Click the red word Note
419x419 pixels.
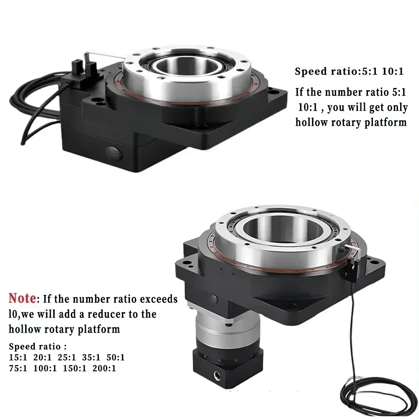click(22, 299)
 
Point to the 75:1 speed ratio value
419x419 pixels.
click(18, 369)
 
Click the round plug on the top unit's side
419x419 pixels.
click(114, 153)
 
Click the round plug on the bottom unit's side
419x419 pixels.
click(214, 299)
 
